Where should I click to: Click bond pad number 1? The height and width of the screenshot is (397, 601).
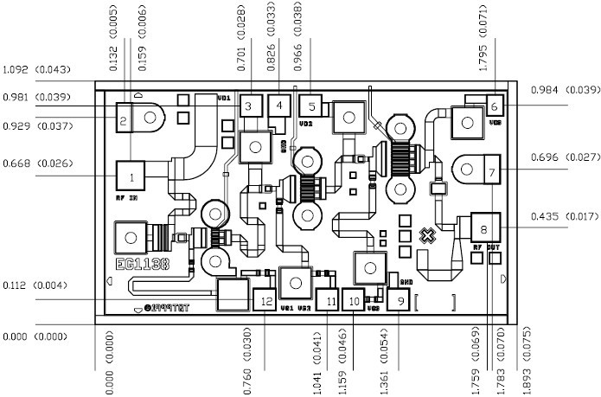click(x=131, y=177)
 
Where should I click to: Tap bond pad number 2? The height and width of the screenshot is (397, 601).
click(x=124, y=121)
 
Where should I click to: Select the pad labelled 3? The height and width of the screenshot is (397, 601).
click(x=249, y=106)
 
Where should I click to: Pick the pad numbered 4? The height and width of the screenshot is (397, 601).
click(x=279, y=106)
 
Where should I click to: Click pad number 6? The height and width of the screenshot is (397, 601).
click(x=494, y=106)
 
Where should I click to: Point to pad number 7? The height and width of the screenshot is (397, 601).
click(x=490, y=173)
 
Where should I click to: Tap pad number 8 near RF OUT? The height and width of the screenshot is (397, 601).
click(x=484, y=228)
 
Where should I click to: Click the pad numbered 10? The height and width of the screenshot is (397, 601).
click(x=355, y=299)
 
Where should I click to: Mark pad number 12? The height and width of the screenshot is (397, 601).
click(x=265, y=300)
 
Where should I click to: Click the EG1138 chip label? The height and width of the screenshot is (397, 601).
click(x=142, y=264)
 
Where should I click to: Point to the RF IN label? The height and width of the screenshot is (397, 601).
click(x=126, y=198)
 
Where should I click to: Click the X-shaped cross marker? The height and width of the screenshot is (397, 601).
click(x=426, y=235)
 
